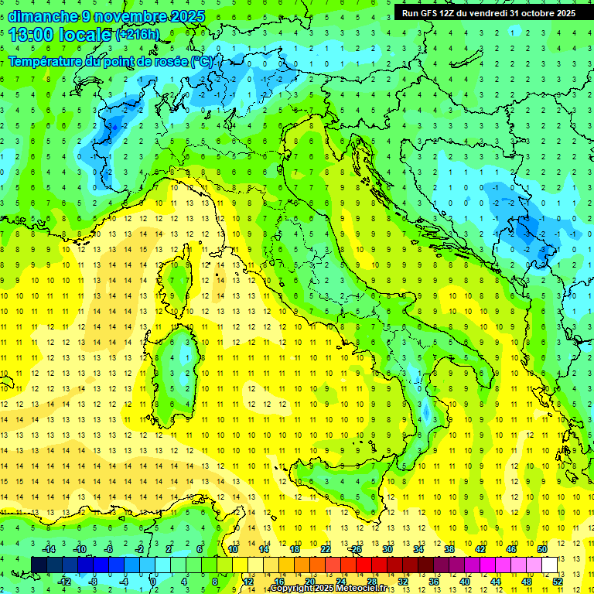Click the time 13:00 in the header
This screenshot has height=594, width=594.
[31, 34]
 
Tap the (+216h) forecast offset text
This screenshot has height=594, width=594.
[137, 35]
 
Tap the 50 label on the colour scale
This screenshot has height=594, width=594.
[542, 549]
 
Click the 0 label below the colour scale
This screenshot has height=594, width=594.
[154, 581]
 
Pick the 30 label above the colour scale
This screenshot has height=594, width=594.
[387, 549]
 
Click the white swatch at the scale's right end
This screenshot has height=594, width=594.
[550, 565]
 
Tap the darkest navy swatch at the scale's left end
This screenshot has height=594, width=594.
[39, 565]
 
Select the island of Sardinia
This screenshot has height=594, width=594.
[178, 371]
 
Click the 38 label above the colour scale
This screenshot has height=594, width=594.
[449, 549]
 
